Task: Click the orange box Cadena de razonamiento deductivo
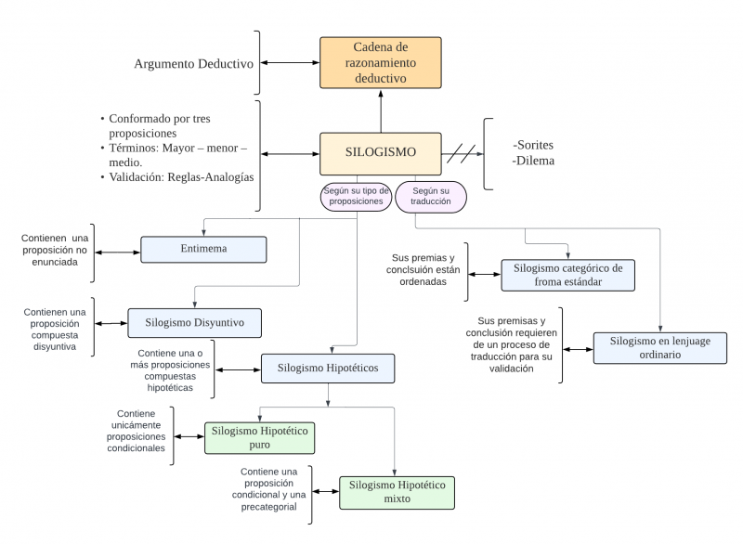(380, 63)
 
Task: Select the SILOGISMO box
(380, 153)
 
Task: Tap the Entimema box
(203, 249)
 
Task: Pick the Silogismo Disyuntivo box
(194, 322)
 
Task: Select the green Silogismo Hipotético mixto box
(397, 492)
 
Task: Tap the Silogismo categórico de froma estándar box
(568, 275)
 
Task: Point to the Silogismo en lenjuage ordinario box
(659, 347)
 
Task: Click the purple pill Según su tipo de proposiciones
(356, 196)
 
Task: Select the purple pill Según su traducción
(431, 196)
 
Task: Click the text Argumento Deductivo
(193, 64)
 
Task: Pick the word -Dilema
(533, 162)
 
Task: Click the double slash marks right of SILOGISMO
(461, 153)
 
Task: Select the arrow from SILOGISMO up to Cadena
(380, 111)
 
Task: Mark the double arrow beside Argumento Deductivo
(290, 63)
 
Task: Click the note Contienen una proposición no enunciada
(58, 251)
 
